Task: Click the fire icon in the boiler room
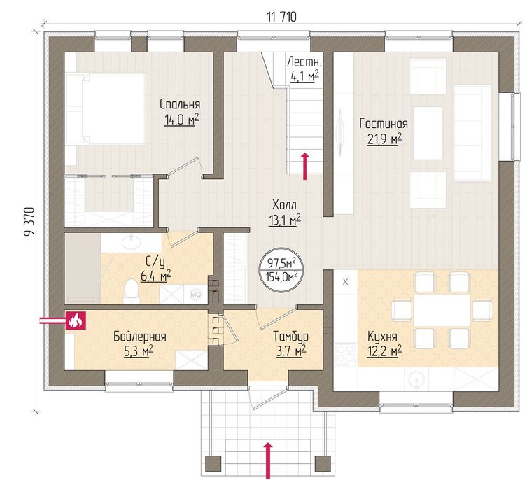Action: (76, 320)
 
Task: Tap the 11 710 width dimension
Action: (281, 17)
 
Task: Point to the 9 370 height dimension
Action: (29, 222)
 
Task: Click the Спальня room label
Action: (180, 104)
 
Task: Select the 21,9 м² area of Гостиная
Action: (385, 139)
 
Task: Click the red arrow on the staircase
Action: (304, 166)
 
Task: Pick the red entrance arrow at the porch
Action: (267, 460)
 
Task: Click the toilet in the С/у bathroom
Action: (131, 291)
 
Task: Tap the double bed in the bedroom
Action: (106, 109)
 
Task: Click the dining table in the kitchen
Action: (442, 310)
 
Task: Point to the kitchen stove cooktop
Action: (346, 353)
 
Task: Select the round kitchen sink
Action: (416, 379)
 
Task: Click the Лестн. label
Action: (304, 62)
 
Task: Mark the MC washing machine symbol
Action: (195, 294)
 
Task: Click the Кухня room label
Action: (382, 336)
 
